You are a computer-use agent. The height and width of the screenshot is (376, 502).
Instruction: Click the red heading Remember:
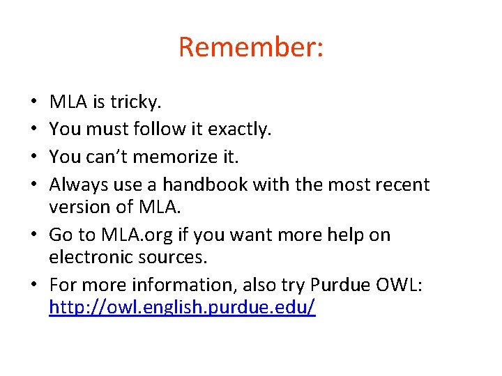(x=250, y=47)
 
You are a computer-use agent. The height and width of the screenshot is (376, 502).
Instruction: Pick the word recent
(x=402, y=185)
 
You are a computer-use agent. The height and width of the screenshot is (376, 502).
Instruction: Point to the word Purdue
(x=342, y=285)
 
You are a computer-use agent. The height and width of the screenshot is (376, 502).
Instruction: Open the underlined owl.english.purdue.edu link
(x=182, y=308)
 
